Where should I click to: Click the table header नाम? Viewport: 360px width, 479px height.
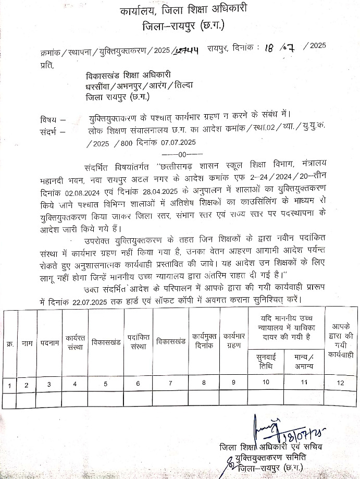27,343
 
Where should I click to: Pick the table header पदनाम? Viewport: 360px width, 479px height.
49,343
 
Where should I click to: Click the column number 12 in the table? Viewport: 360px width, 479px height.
341,384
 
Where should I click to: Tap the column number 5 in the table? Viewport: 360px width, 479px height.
106,384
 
